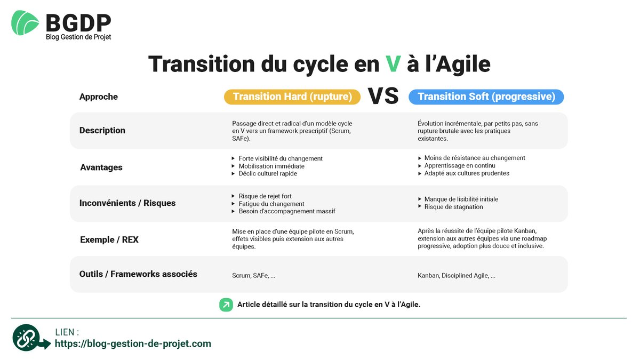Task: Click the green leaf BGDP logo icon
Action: (x=25, y=23)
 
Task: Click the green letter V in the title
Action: (x=393, y=64)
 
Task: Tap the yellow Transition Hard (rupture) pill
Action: (x=292, y=97)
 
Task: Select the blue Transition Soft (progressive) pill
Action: (x=486, y=97)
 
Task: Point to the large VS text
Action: (x=383, y=96)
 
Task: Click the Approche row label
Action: (x=99, y=97)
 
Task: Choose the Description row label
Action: (x=102, y=130)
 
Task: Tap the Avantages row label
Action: (x=101, y=167)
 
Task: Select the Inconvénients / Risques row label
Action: (x=127, y=203)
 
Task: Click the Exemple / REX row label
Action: (x=109, y=239)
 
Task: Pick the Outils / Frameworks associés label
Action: (x=138, y=274)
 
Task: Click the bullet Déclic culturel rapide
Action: (x=268, y=173)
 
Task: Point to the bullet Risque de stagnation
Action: (x=453, y=207)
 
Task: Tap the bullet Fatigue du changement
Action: (x=271, y=204)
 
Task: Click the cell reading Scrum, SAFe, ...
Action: (x=254, y=276)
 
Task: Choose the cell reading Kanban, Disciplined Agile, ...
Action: (x=457, y=276)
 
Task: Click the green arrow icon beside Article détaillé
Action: (x=226, y=305)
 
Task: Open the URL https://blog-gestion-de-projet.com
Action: (x=133, y=344)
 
